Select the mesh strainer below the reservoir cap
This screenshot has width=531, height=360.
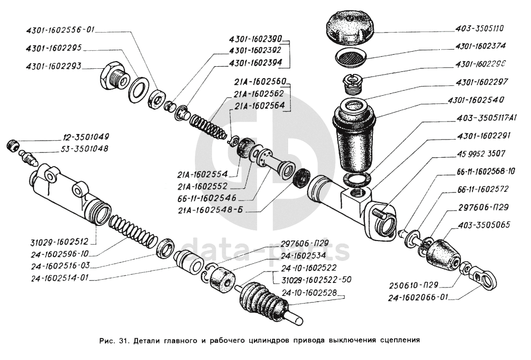click(351, 57)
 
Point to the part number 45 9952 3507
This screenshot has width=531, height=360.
click(481, 154)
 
